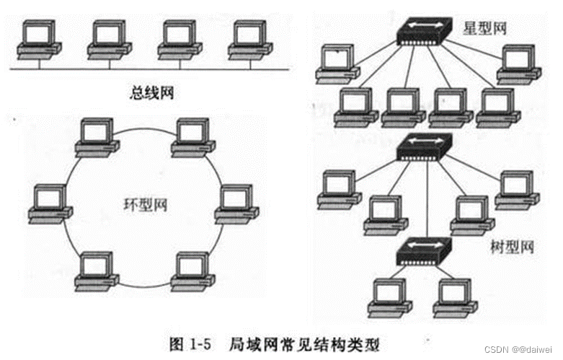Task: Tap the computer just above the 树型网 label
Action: point(516,189)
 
